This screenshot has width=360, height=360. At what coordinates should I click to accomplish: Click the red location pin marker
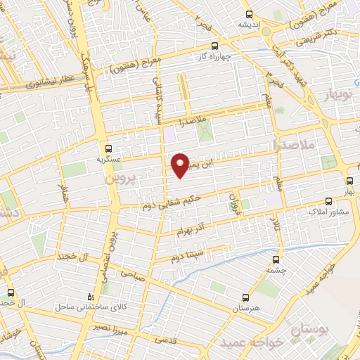pos(181,165)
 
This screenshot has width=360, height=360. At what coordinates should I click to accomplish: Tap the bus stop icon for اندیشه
pos(249,14)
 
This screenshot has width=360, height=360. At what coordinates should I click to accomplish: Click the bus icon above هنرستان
pos(245,297)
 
